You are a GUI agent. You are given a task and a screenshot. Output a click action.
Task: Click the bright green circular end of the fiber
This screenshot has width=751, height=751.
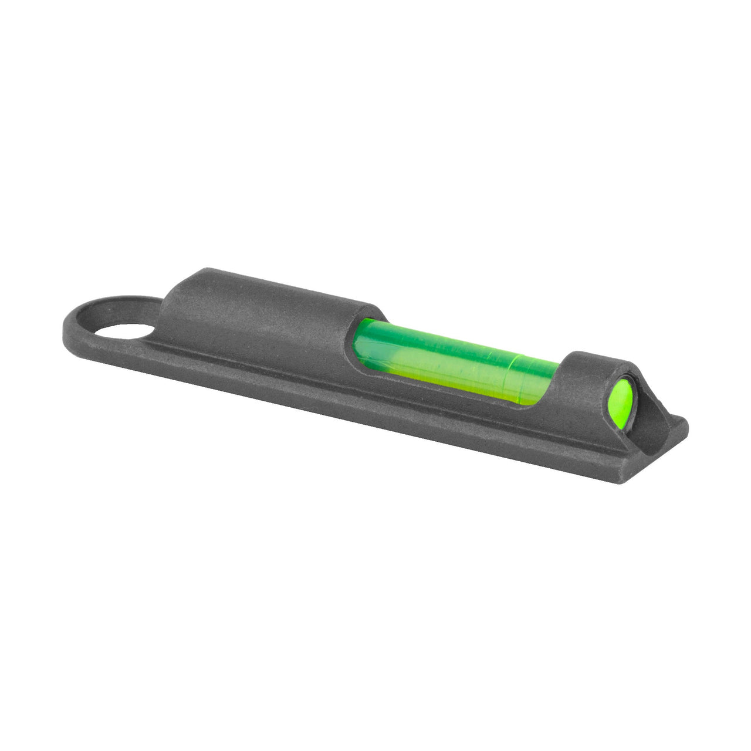pyautogui.click(x=621, y=398)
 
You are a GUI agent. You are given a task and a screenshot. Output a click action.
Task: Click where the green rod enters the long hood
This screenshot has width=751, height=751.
pyautogui.click(x=361, y=340)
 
